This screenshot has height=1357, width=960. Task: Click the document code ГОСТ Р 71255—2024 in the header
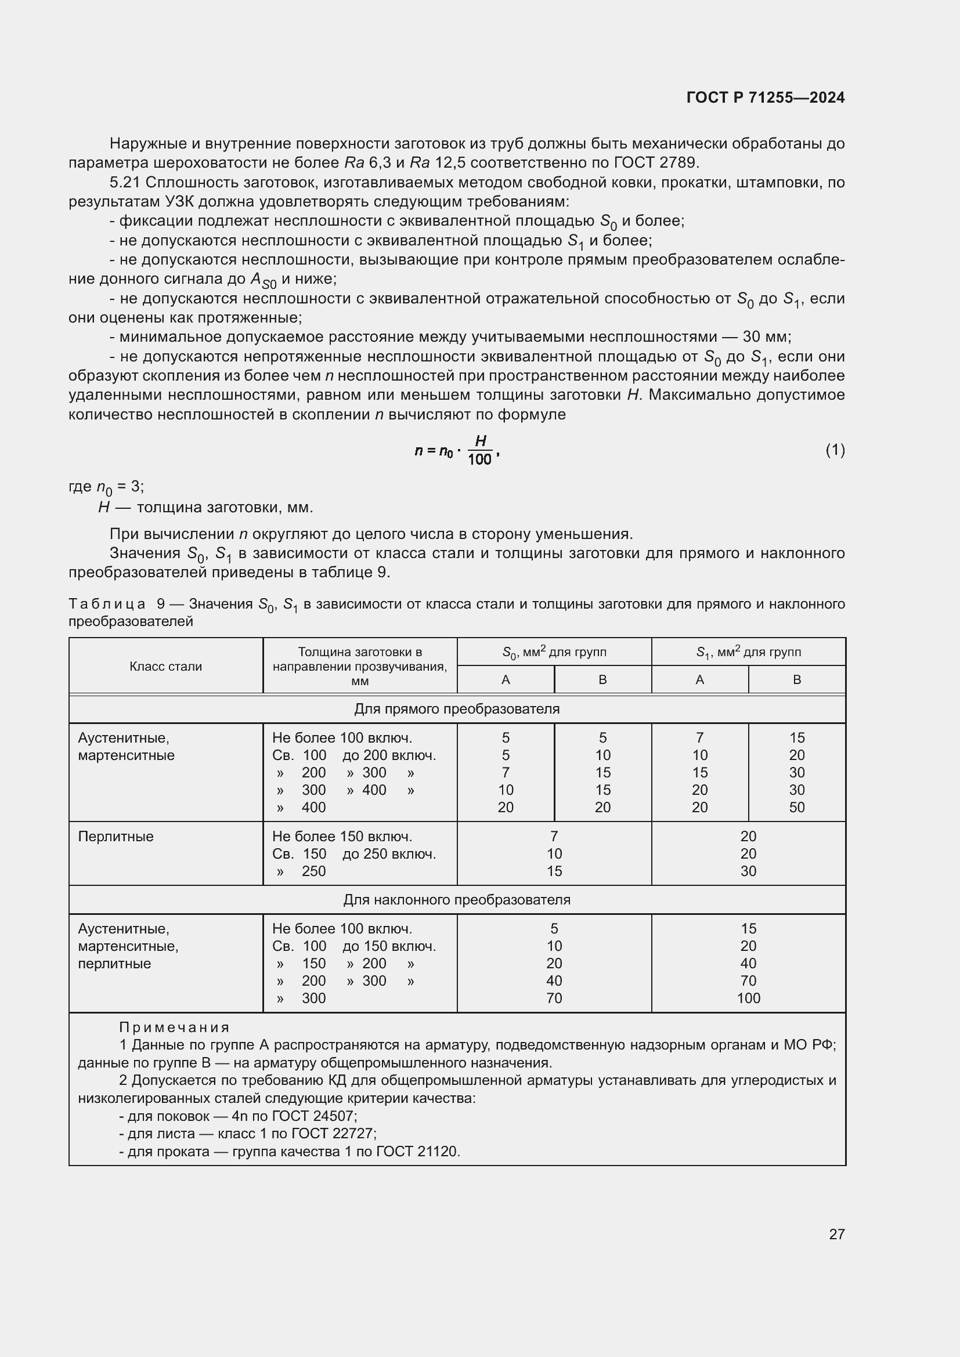click(766, 97)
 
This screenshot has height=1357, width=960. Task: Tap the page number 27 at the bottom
click(836, 1234)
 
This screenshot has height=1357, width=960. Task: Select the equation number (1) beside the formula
click(835, 450)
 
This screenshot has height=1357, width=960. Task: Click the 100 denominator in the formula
click(479, 460)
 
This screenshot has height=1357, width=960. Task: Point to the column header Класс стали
click(165, 666)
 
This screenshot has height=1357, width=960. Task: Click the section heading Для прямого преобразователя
click(456, 708)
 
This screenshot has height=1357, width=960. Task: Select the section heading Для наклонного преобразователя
click(456, 900)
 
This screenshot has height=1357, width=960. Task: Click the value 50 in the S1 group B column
click(796, 808)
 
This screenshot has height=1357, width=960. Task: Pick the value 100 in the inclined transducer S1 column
click(748, 998)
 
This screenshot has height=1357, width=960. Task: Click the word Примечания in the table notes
click(174, 1027)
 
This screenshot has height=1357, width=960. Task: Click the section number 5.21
click(124, 183)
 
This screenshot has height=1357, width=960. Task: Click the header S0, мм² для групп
click(554, 652)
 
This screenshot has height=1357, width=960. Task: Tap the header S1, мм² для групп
click(748, 652)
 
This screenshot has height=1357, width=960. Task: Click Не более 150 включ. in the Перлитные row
click(342, 837)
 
